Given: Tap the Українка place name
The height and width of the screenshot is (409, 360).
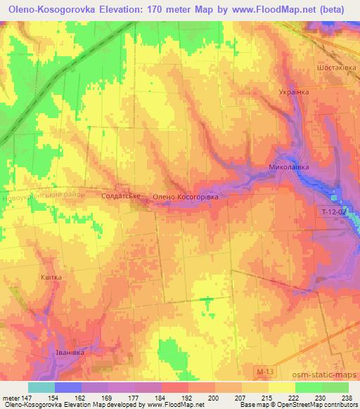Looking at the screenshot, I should (294, 92).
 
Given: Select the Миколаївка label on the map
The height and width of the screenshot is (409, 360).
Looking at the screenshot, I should (289, 168).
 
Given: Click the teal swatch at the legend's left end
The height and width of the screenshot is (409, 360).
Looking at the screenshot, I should (41, 387).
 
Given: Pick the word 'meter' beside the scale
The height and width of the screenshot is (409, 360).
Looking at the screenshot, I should (11, 398).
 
